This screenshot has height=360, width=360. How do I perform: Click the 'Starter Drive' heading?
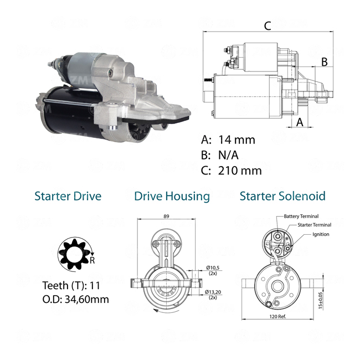pyautogui.click(x=68, y=196)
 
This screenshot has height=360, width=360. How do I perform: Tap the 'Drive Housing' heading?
pyautogui.click(x=172, y=197)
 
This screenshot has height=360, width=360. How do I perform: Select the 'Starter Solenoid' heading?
pyautogui.click(x=282, y=196)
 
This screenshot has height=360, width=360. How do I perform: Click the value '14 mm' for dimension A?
pyautogui.click(x=236, y=140)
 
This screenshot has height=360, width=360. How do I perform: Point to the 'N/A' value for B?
pyautogui.click(x=228, y=155)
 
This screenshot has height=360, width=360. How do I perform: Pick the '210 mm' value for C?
pyautogui.click(x=240, y=171)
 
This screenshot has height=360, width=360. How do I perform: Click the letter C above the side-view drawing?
pyautogui.click(x=268, y=26)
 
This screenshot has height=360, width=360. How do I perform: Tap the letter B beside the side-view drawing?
pyautogui.click(x=324, y=62)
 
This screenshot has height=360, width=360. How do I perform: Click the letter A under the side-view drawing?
pyautogui.click(x=300, y=122)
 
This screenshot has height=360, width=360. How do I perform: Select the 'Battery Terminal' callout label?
pyautogui.click(x=301, y=216)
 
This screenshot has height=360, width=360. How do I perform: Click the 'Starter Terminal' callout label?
pyautogui.click(x=315, y=225)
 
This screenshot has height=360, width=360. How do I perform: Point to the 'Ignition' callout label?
pyautogui.click(x=321, y=234)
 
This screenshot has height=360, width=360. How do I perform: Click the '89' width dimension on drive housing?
pyautogui.click(x=166, y=216)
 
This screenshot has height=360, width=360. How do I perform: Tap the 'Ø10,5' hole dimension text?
pyautogui.click(x=213, y=268)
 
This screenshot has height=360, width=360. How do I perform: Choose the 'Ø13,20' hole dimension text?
pyautogui.click(x=213, y=292)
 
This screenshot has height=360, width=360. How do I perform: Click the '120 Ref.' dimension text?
pyautogui.click(x=277, y=317)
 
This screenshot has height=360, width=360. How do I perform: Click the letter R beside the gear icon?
pyautogui.click(x=92, y=260)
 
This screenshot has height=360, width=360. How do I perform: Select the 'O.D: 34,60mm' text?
pyautogui.click(x=75, y=300)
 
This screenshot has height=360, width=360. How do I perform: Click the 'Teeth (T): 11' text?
pyautogui.click(x=71, y=286)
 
